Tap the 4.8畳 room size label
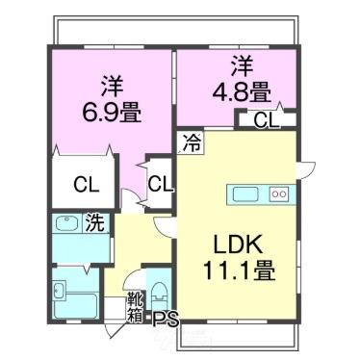[x=243, y=93]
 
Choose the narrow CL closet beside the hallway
[x=160, y=183]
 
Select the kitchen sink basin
[x=246, y=194]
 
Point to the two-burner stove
[x=279, y=194]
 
